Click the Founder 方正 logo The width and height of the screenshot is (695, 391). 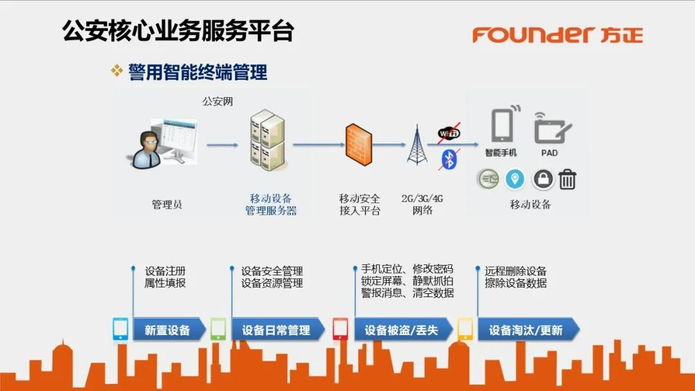coord(557,34)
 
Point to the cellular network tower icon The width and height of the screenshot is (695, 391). coord(416,145)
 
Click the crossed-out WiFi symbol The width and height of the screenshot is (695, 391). coord(449,134)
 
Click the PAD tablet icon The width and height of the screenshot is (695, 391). coord(552,128)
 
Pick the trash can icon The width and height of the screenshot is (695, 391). coord(567,179)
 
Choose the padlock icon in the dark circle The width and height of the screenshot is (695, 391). coord(543,179)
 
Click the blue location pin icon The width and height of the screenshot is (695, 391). coord(515,179)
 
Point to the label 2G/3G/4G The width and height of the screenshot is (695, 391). coord(422,198)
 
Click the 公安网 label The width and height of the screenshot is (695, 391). coord(218,101)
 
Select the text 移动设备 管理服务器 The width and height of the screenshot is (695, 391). coord(271,205)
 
